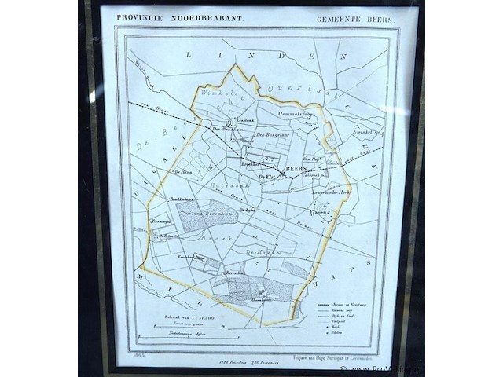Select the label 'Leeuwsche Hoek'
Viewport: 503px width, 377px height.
[x=332, y=192]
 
